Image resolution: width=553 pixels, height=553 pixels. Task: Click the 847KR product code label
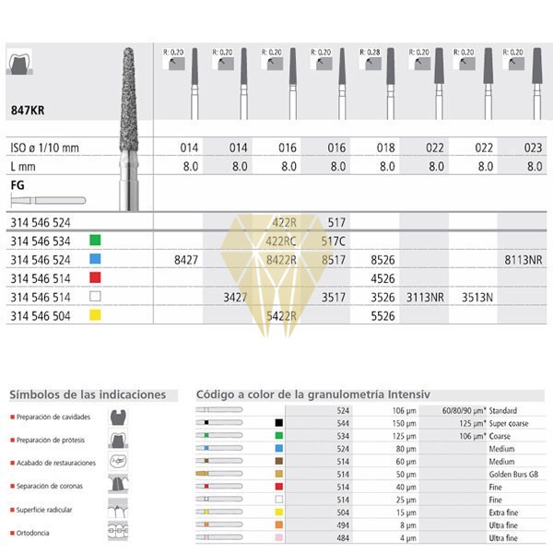click(x=29, y=108)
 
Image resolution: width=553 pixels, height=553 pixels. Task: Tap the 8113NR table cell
click(x=522, y=261)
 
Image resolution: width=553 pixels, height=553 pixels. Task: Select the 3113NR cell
click(x=425, y=298)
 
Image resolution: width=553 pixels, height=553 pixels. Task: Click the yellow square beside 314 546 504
click(x=94, y=315)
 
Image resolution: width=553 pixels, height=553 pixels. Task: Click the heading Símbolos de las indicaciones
click(x=88, y=394)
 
